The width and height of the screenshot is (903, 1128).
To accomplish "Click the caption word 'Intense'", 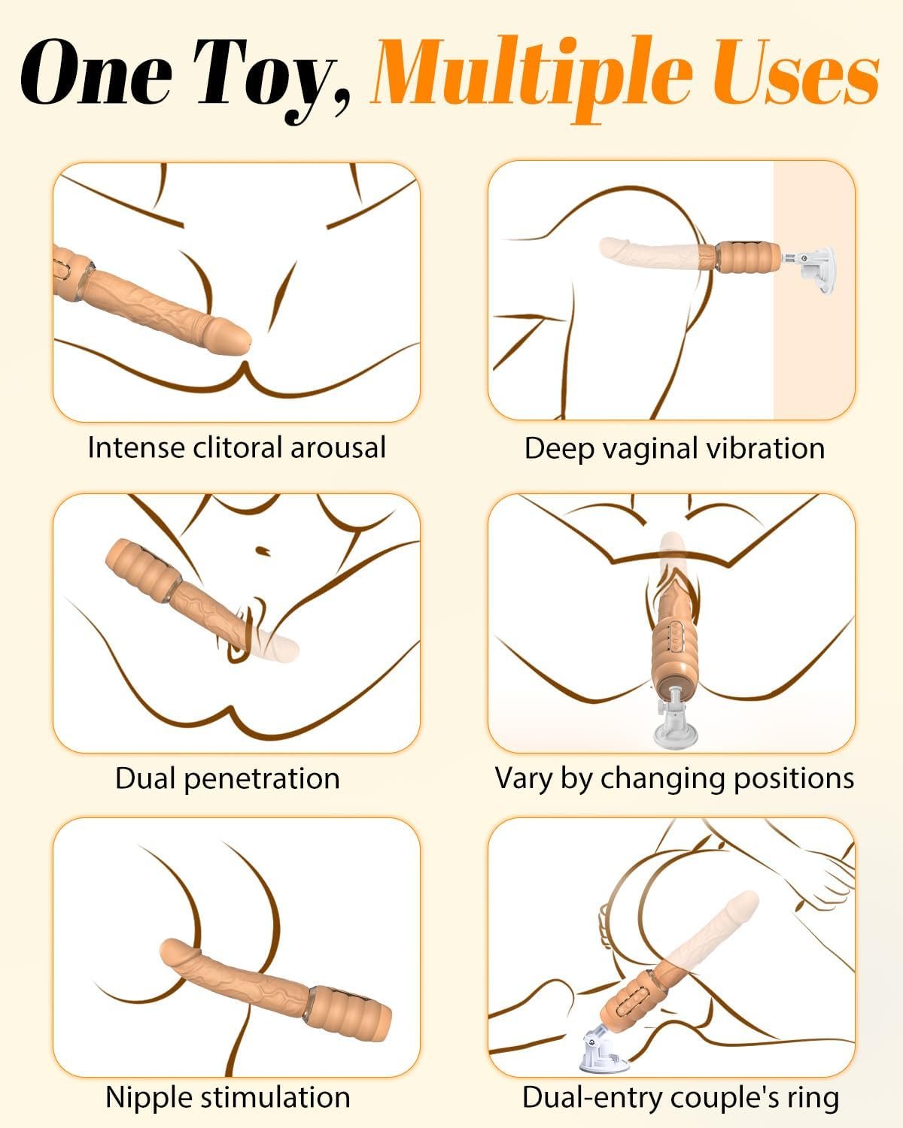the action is click(x=135, y=448).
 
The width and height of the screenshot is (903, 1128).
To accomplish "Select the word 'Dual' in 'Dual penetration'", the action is click(x=145, y=778).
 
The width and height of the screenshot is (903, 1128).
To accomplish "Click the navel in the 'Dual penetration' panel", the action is click(x=263, y=550).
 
